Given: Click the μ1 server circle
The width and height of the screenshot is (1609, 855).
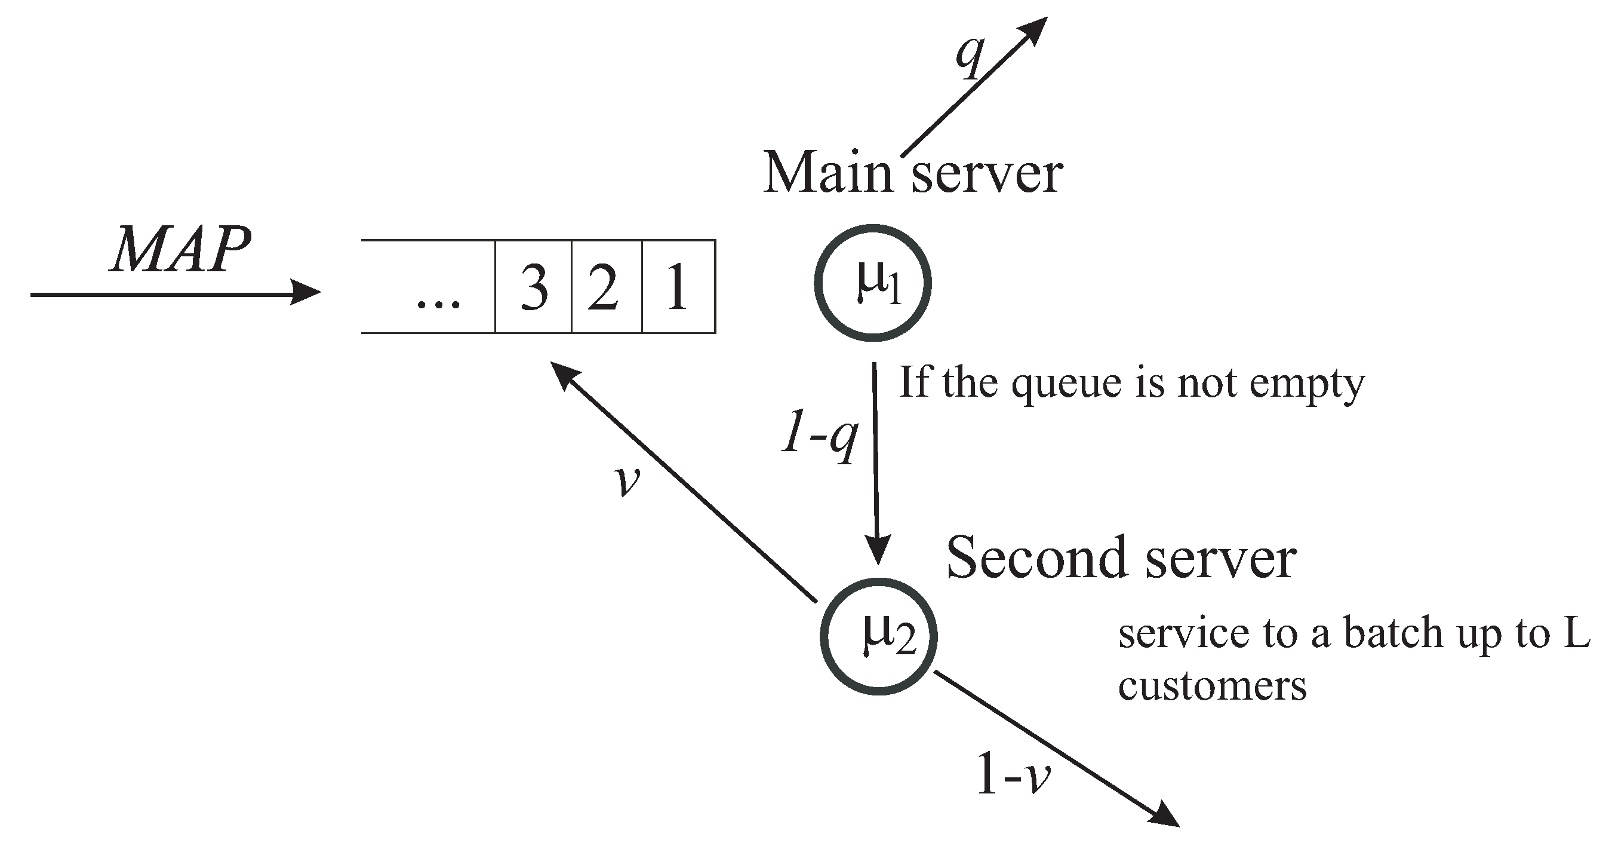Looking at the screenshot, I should pyautogui.click(x=873, y=284).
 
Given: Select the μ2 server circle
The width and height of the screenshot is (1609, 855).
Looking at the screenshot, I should pyautogui.click(x=879, y=636).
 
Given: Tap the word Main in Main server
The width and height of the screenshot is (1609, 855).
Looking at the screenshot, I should pyautogui.click(x=828, y=173).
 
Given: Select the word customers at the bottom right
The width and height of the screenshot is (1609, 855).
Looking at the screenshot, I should pyautogui.click(x=1212, y=687).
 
